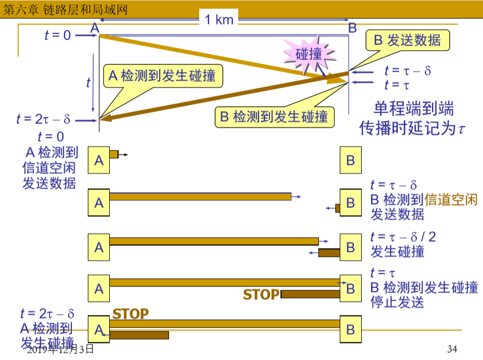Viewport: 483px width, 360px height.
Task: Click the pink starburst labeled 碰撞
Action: (x=308, y=54)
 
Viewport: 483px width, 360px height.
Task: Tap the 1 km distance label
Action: (x=220, y=20)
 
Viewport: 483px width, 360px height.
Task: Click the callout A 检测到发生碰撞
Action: (x=161, y=76)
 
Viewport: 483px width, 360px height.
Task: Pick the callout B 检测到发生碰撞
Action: (x=273, y=116)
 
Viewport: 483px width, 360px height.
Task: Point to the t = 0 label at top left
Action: (x=58, y=35)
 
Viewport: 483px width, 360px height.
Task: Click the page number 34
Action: (x=452, y=349)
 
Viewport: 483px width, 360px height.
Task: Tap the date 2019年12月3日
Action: (x=60, y=349)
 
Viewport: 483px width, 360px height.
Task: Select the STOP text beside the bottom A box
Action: (x=131, y=314)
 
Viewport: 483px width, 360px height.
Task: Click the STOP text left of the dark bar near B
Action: (x=261, y=295)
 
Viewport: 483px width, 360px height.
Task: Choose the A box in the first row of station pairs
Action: (x=99, y=160)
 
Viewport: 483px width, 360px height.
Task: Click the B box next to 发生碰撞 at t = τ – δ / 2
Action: (x=351, y=247)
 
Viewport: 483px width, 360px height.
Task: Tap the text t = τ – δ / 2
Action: (x=403, y=237)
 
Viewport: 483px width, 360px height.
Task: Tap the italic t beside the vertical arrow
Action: (x=88, y=82)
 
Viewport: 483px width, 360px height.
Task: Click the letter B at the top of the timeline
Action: (x=352, y=27)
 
